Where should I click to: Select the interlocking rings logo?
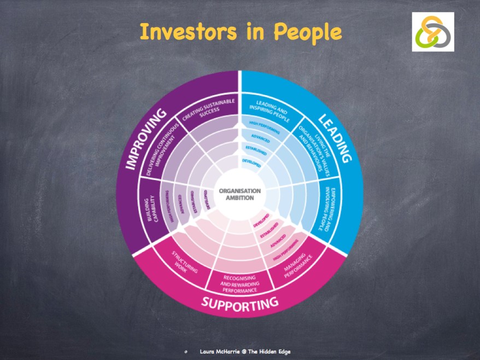433,32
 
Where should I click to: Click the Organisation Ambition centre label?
240,194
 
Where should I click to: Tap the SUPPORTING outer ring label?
240,301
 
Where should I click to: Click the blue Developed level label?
252,161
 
